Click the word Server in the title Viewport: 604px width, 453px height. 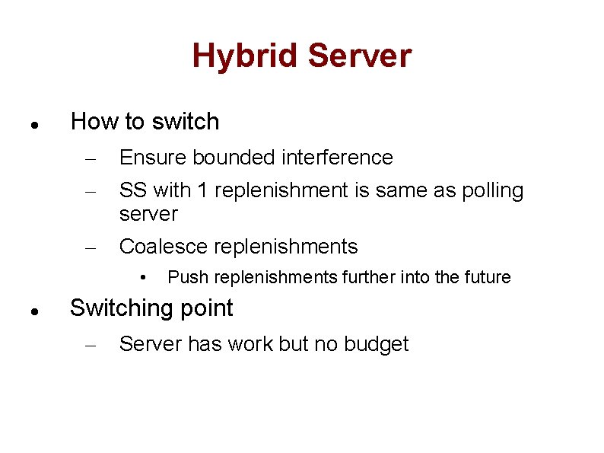click(360, 56)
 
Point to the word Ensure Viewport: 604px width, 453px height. click(153, 158)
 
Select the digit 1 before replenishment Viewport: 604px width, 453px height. click(202, 190)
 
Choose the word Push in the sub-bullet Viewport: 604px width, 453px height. click(184, 277)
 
